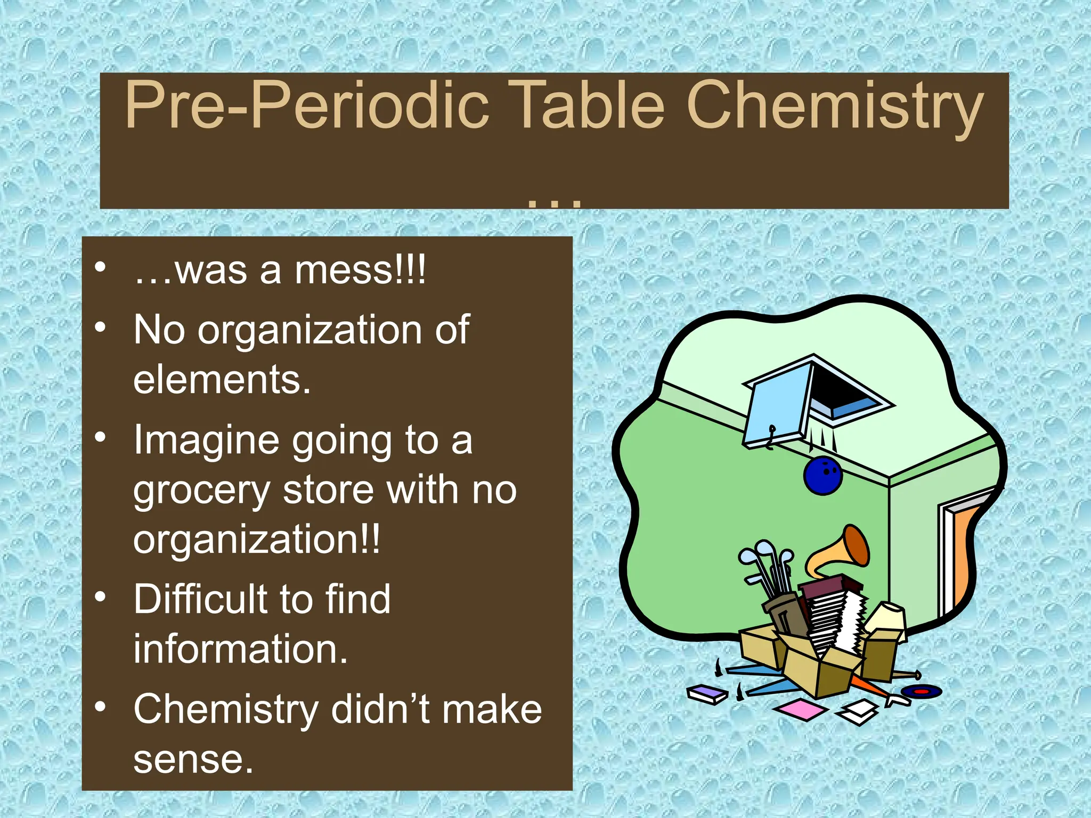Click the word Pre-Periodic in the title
click(x=306, y=105)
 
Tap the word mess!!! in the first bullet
click(x=360, y=271)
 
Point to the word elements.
click(x=222, y=380)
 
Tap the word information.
click(x=240, y=649)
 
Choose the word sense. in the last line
click(x=193, y=759)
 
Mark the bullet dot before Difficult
click(x=100, y=597)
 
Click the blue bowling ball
click(x=823, y=475)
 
